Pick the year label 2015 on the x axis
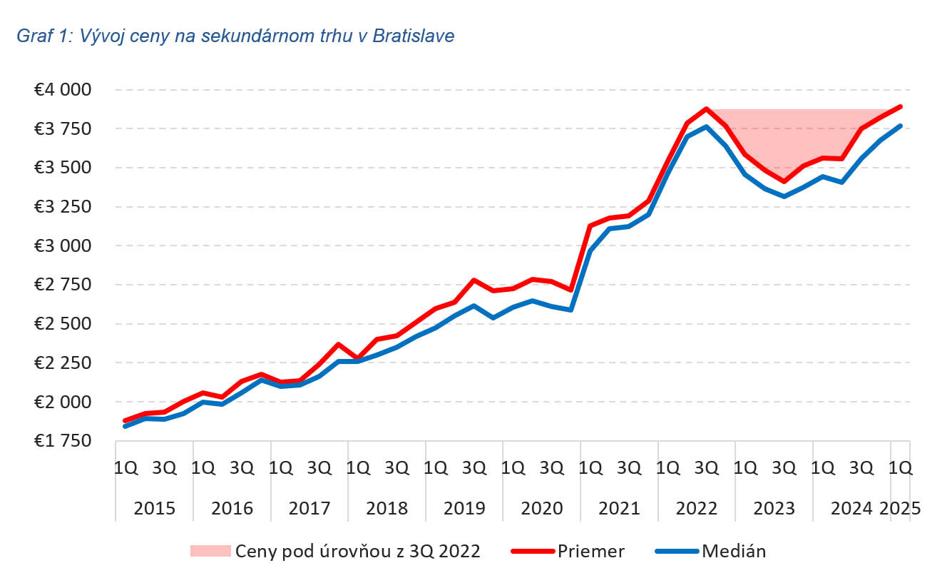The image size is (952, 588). [154, 508]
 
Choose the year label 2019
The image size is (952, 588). [464, 508]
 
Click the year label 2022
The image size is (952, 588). [697, 508]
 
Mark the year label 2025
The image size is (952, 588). [901, 508]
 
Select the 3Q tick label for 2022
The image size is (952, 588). [707, 468]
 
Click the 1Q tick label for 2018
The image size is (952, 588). [357, 468]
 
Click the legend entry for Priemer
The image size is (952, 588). [591, 550]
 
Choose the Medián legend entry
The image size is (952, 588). [734, 550]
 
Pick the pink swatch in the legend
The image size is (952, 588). [210, 550]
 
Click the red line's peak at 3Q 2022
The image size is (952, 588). [706, 109]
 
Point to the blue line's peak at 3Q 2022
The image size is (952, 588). [706, 127]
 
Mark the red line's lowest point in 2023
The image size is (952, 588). [784, 181]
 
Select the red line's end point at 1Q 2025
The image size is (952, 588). [901, 107]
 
